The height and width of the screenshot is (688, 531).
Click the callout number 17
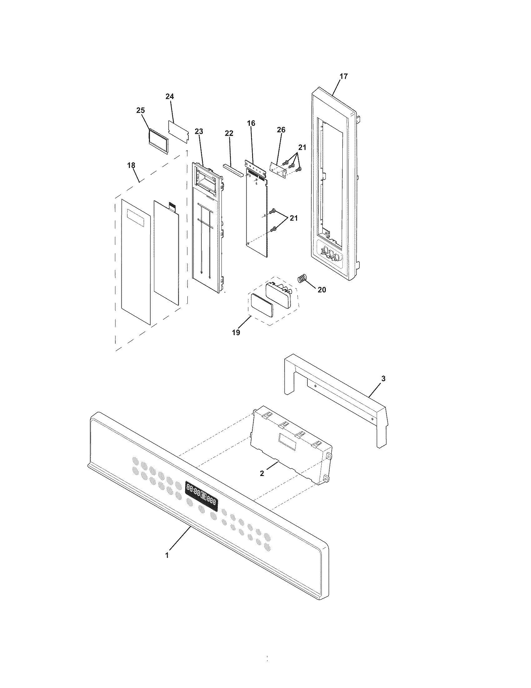(x=344, y=76)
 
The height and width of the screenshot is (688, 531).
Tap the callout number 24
(x=170, y=97)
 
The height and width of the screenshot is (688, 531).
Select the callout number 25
(x=141, y=110)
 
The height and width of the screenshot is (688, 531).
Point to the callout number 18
(x=132, y=165)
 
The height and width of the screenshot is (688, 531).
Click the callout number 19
(x=236, y=332)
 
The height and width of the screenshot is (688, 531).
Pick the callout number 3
(x=383, y=379)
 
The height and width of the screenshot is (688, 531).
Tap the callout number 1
(x=167, y=555)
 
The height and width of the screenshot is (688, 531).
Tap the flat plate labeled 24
(x=179, y=132)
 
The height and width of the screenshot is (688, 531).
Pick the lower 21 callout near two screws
(x=293, y=218)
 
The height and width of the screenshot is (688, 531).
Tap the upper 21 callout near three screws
(x=302, y=147)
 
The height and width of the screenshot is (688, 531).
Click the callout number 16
(x=251, y=123)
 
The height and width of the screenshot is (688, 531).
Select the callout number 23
(x=199, y=131)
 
